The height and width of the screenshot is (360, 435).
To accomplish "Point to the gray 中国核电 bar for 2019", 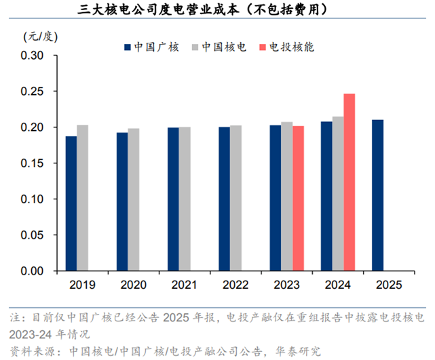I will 82,198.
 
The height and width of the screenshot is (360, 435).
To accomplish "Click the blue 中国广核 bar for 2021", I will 173,199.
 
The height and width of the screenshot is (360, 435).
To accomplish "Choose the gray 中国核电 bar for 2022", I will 235,198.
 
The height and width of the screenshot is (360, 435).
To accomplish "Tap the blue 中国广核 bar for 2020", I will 122,201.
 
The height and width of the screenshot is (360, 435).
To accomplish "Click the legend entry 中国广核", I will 151,47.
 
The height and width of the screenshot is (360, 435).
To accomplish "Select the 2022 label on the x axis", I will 235,285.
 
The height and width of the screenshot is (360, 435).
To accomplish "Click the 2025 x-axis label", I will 388,285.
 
